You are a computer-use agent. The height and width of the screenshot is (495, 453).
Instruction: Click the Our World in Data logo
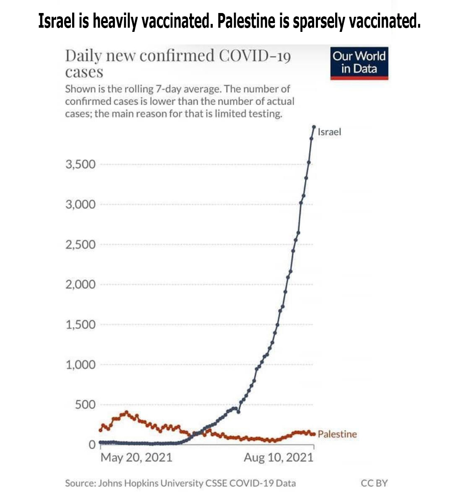pos(359,63)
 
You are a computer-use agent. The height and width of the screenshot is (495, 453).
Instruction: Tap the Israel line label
pos(329,132)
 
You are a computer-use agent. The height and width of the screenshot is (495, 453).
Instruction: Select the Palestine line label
pos(337,434)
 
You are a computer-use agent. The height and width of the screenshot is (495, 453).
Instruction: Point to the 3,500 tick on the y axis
pos(81,164)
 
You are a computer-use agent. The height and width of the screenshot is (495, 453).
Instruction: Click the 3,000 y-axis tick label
pos(81,204)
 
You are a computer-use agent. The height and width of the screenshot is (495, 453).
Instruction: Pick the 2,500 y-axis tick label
pos(81,245)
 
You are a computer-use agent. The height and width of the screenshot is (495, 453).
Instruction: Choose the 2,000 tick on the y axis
pos(81,284)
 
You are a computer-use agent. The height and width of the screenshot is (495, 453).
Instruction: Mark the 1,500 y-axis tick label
pos(81,324)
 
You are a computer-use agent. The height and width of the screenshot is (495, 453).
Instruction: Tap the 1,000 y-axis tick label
pos(81,365)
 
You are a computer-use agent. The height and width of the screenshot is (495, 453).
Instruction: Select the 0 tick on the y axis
pos(92,445)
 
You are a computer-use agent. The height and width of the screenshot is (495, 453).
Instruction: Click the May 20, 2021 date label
pos(136,457)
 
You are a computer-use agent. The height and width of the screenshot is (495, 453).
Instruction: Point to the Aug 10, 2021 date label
pos(279,457)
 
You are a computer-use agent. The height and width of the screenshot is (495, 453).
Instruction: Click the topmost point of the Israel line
pos(314,127)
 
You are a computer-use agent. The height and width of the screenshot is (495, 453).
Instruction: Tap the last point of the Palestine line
pos(313,434)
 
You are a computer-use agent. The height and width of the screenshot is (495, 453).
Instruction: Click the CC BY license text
pos(374,483)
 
